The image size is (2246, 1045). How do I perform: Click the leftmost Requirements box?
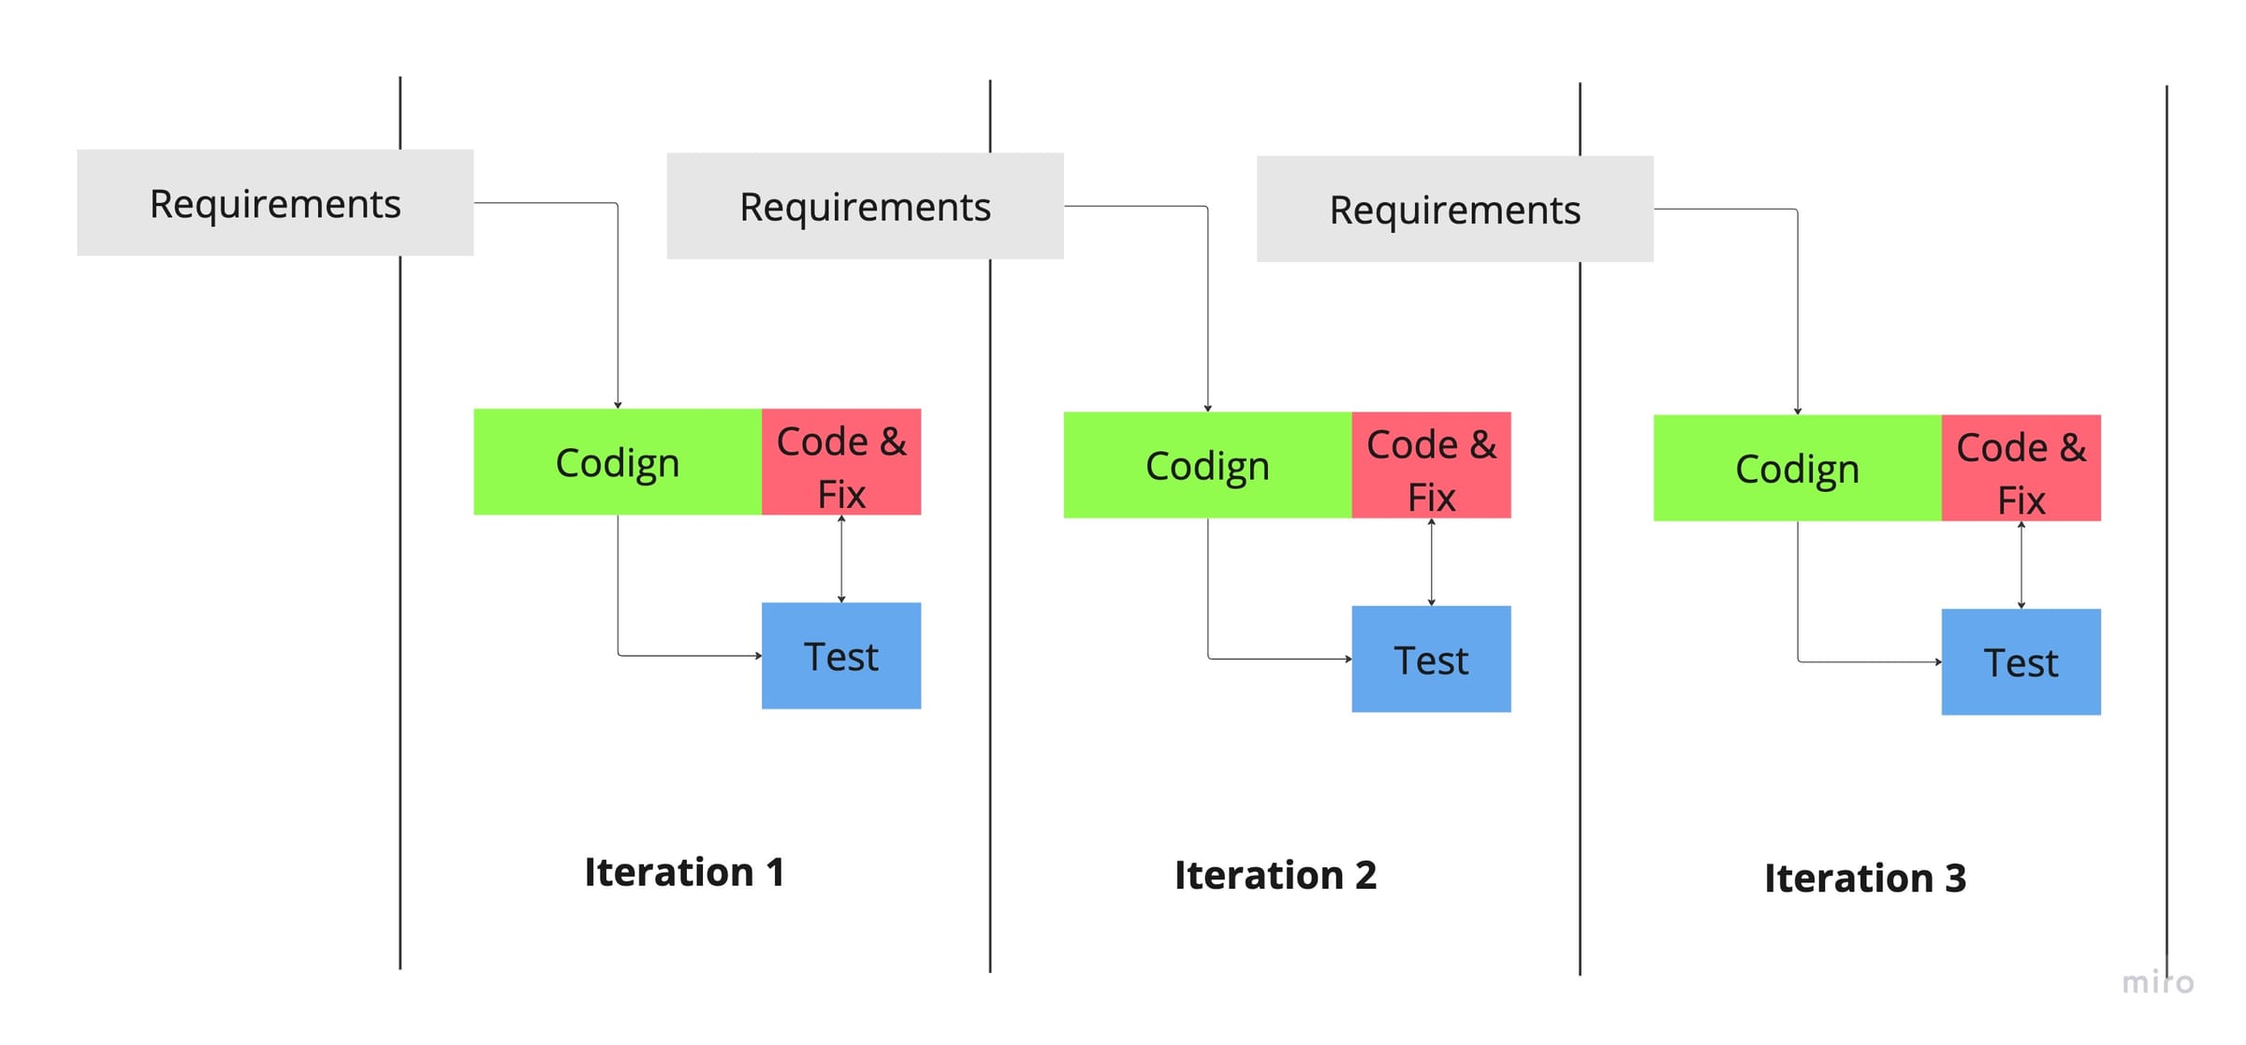pyautogui.click(x=275, y=203)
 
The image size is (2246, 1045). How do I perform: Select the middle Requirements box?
pyautogui.click(x=865, y=206)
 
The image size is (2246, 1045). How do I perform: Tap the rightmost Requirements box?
pyautogui.click(x=1454, y=210)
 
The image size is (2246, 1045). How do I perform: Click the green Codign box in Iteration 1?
pyautogui.click(x=617, y=462)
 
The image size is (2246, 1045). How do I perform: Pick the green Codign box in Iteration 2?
pyautogui.click(x=1207, y=465)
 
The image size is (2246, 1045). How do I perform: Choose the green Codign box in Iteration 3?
pyautogui.click(x=1797, y=468)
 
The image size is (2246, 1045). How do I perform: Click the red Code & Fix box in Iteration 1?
pyautogui.click(x=841, y=462)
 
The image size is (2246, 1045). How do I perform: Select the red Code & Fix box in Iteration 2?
pyautogui.click(x=1431, y=465)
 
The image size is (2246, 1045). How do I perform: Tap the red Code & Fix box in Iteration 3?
pyautogui.click(x=2020, y=468)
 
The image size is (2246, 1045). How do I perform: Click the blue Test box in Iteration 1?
pyautogui.click(x=841, y=656)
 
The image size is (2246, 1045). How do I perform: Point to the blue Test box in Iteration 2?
pyautogui.click(x=1431, y=660)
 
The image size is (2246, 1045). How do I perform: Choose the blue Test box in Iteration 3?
pyautogui.click(x=2020, y=662)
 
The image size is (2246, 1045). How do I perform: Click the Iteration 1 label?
pyautogui.click(x=684, y=872)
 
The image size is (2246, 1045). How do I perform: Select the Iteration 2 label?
pyautogui.click(x=1275, y=876)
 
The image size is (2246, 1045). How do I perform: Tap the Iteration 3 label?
pyautogui.click(x=1864, y=878)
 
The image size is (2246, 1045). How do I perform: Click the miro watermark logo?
pyautogui.click(x=2157, y=982)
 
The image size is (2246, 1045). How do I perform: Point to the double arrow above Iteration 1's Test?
pyautogui.click(x=841, y=559)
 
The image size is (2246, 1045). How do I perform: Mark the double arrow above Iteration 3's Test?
pyautogui.click(x=2020, y=565)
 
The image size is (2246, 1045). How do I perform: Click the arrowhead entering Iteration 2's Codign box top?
pyautogui.click(x=1207, y=408)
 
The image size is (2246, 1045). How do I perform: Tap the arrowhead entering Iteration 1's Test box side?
pyautogui.click(x=758, y=656)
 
